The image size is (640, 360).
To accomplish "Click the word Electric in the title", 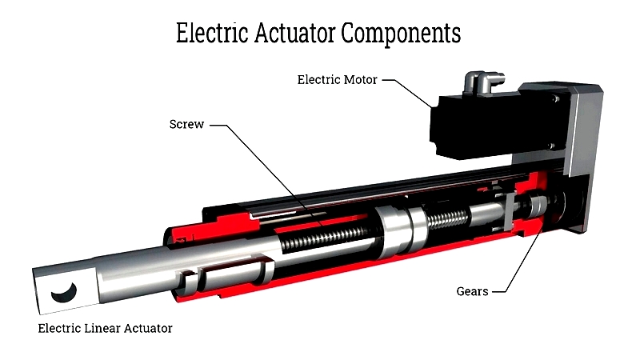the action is pyautogui.click(x=212, y=33).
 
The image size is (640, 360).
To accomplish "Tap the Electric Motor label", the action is pyautogui.click(x=337, y=79).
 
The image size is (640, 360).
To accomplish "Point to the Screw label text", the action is pyautogui.click(x=186, y=124).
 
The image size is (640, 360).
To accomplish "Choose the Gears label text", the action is pyautogui.click(x=472, y=291).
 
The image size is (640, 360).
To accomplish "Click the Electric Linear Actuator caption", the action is pyautogui.click(x=106, y=329).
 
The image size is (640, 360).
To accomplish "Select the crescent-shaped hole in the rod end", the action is pyautogui.click(x=65, y=293).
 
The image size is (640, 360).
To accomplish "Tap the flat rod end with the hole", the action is pyautogui.click(x=66, y=289).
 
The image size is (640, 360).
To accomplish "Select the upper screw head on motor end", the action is pyautogui.click(x=554, y=98).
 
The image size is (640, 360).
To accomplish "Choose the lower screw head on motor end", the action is pyautogui.click(x=551, y=146).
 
